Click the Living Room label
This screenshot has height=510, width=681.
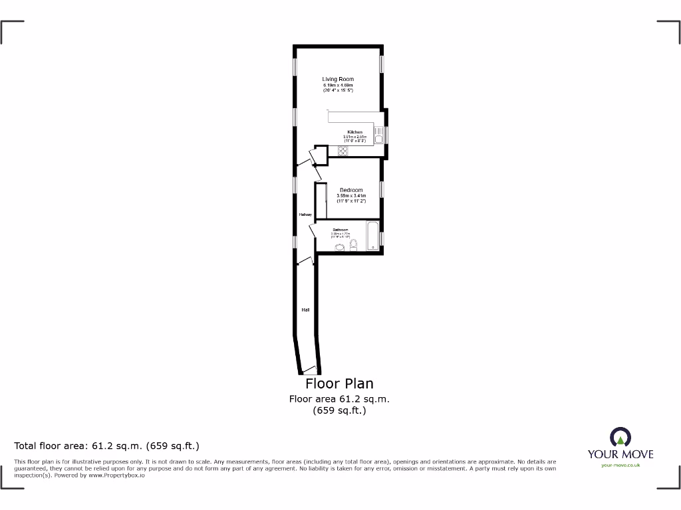[338, 79]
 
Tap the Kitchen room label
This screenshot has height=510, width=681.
[354, 132]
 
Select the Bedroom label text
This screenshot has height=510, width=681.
[351, 190]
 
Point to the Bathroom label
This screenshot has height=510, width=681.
[340, 230]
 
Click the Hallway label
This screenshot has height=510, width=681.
[305, 214]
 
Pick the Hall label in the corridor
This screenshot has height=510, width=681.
[305, 309]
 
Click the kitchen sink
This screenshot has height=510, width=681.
[378, 135]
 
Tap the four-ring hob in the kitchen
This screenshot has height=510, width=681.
[342, 151]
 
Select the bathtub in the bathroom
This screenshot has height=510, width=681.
[372, 236]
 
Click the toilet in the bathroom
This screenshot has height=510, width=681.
[354, 246]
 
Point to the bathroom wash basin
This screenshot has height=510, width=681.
[340, 248]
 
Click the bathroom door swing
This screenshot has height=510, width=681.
[313, 230]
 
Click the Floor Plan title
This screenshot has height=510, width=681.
[339, 384]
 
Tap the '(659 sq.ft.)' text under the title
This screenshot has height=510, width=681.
[339, 410]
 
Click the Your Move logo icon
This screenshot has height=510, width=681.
[620, 436]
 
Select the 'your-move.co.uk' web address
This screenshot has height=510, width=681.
[620, 465]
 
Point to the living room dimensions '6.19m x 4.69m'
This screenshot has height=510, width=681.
[338, 85]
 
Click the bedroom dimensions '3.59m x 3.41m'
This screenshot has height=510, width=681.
[351, 196]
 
